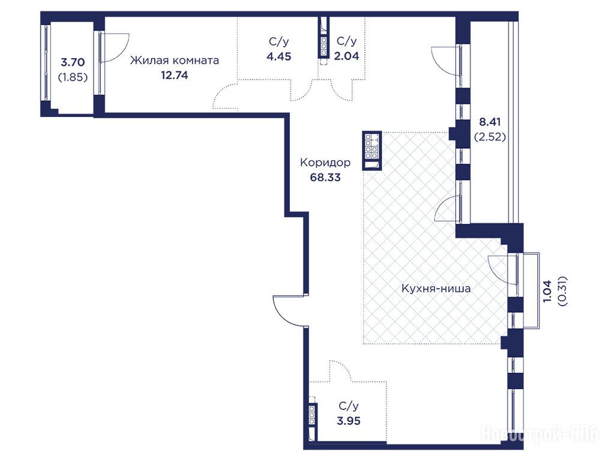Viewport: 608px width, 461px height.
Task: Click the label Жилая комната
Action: pos(174,61)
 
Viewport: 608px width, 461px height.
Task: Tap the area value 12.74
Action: pos(175,75)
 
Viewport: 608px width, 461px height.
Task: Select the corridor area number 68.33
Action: pos(325,177)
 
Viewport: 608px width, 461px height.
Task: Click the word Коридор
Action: pos(325,163)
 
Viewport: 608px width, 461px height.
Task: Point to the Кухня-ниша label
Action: pos(436,289)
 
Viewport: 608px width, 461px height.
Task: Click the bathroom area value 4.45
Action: pos(279,56)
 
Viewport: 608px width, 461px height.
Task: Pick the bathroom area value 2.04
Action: pos(347,56)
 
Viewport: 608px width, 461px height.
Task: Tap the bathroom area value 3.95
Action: pos(349,421)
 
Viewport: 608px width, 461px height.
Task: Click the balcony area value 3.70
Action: pos(73,62)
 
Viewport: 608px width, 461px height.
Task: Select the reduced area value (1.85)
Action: pos(73,77)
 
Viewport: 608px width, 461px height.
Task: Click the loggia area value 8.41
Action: pos(490,122)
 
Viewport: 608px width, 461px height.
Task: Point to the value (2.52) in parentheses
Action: pos(490,137)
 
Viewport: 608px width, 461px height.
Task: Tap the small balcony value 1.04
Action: pos(547,291)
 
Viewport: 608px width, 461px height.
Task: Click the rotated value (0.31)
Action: pos(562,291)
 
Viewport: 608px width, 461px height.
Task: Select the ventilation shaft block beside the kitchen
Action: pos(372,151)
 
